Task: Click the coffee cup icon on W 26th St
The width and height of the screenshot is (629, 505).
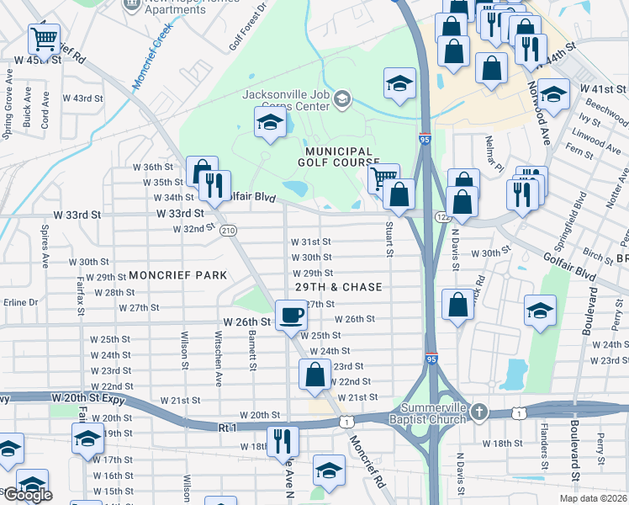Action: coord(291,316)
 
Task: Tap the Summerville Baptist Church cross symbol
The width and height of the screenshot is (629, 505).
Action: coord(478,412)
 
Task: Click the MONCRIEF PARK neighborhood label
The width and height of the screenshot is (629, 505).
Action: coord(178,275)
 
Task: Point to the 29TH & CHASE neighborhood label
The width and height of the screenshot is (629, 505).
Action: coord(338,287)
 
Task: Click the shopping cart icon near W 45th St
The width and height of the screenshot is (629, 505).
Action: coord(44,38)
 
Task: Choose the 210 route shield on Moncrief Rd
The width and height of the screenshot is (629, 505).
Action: coord(226,231)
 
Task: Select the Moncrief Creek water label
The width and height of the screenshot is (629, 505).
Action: coord(151,56)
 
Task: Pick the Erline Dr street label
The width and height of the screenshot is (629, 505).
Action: coord(21,302)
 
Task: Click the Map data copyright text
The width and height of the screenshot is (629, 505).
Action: coord(592,498)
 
